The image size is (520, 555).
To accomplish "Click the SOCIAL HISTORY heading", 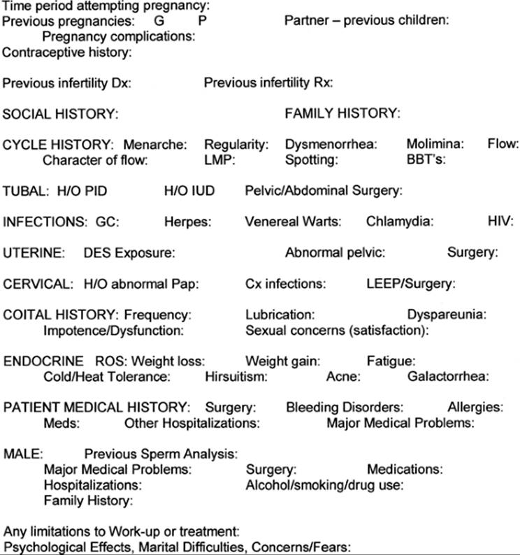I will (x=61, y=114).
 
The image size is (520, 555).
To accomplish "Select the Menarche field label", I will (x=155, y=145).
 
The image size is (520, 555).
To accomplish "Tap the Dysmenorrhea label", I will (x=331, y=145).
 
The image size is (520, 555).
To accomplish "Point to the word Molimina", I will (x=435, y=145).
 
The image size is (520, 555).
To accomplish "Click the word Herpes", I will (x=186, y=222).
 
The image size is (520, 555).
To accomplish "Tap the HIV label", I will (x=500, y=222).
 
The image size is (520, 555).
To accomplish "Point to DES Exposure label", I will (x=129, y=252).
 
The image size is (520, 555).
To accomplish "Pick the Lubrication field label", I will (x=280, y=315).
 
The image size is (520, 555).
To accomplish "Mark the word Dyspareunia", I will (x=447, y=315).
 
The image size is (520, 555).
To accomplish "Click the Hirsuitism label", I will (x=237, y=377).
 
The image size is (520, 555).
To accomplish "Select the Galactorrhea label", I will (x=449, y=377).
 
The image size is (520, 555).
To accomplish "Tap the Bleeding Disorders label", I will (x=345, y=408).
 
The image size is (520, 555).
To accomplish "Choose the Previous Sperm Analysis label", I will (x=161, y=453).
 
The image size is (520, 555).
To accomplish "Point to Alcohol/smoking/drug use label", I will (x=325, y=484).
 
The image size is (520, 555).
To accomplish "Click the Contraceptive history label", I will (x=68, y=51).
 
